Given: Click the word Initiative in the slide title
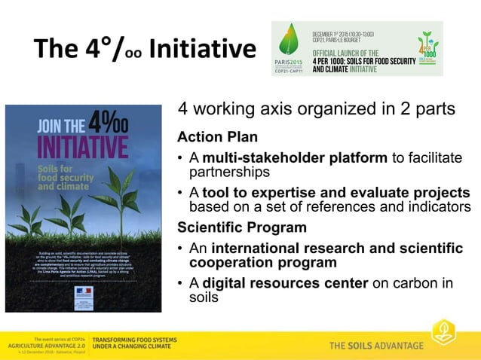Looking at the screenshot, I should (x=203, y=49).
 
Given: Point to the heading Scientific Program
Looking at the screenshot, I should (x=241, y=227).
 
